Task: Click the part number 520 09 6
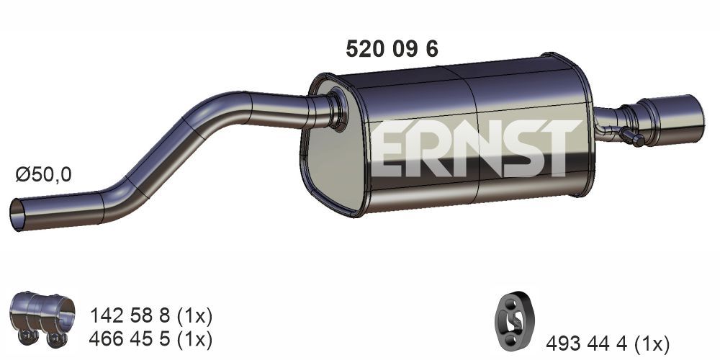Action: (x=392, y=49)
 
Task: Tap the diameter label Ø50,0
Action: (x=44, y=174)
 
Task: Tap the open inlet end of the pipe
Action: (x=17, y=215)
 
